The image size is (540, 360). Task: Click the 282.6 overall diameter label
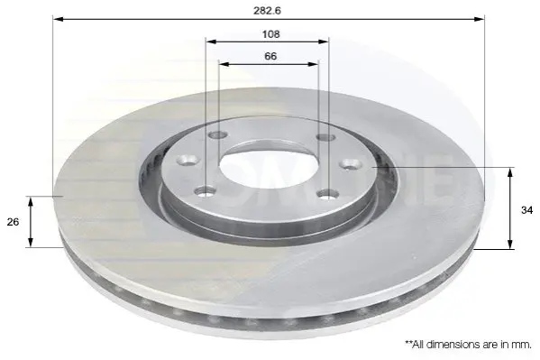pyautogui.click(x=267, y=10)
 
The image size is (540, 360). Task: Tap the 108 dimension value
pyautogui.click(x=271, y=34)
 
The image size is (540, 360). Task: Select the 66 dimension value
pyautogui.click(x=270, y=56)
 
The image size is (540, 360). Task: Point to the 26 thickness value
pyautogui.click(x=13, y=222)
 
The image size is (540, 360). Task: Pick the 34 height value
pyautogui.click(x=526, y=210)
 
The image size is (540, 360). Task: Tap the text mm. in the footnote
pyautogui.click(x=523, y=345)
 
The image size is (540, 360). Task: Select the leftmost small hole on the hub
pyautogui.click(x=188, y=160)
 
